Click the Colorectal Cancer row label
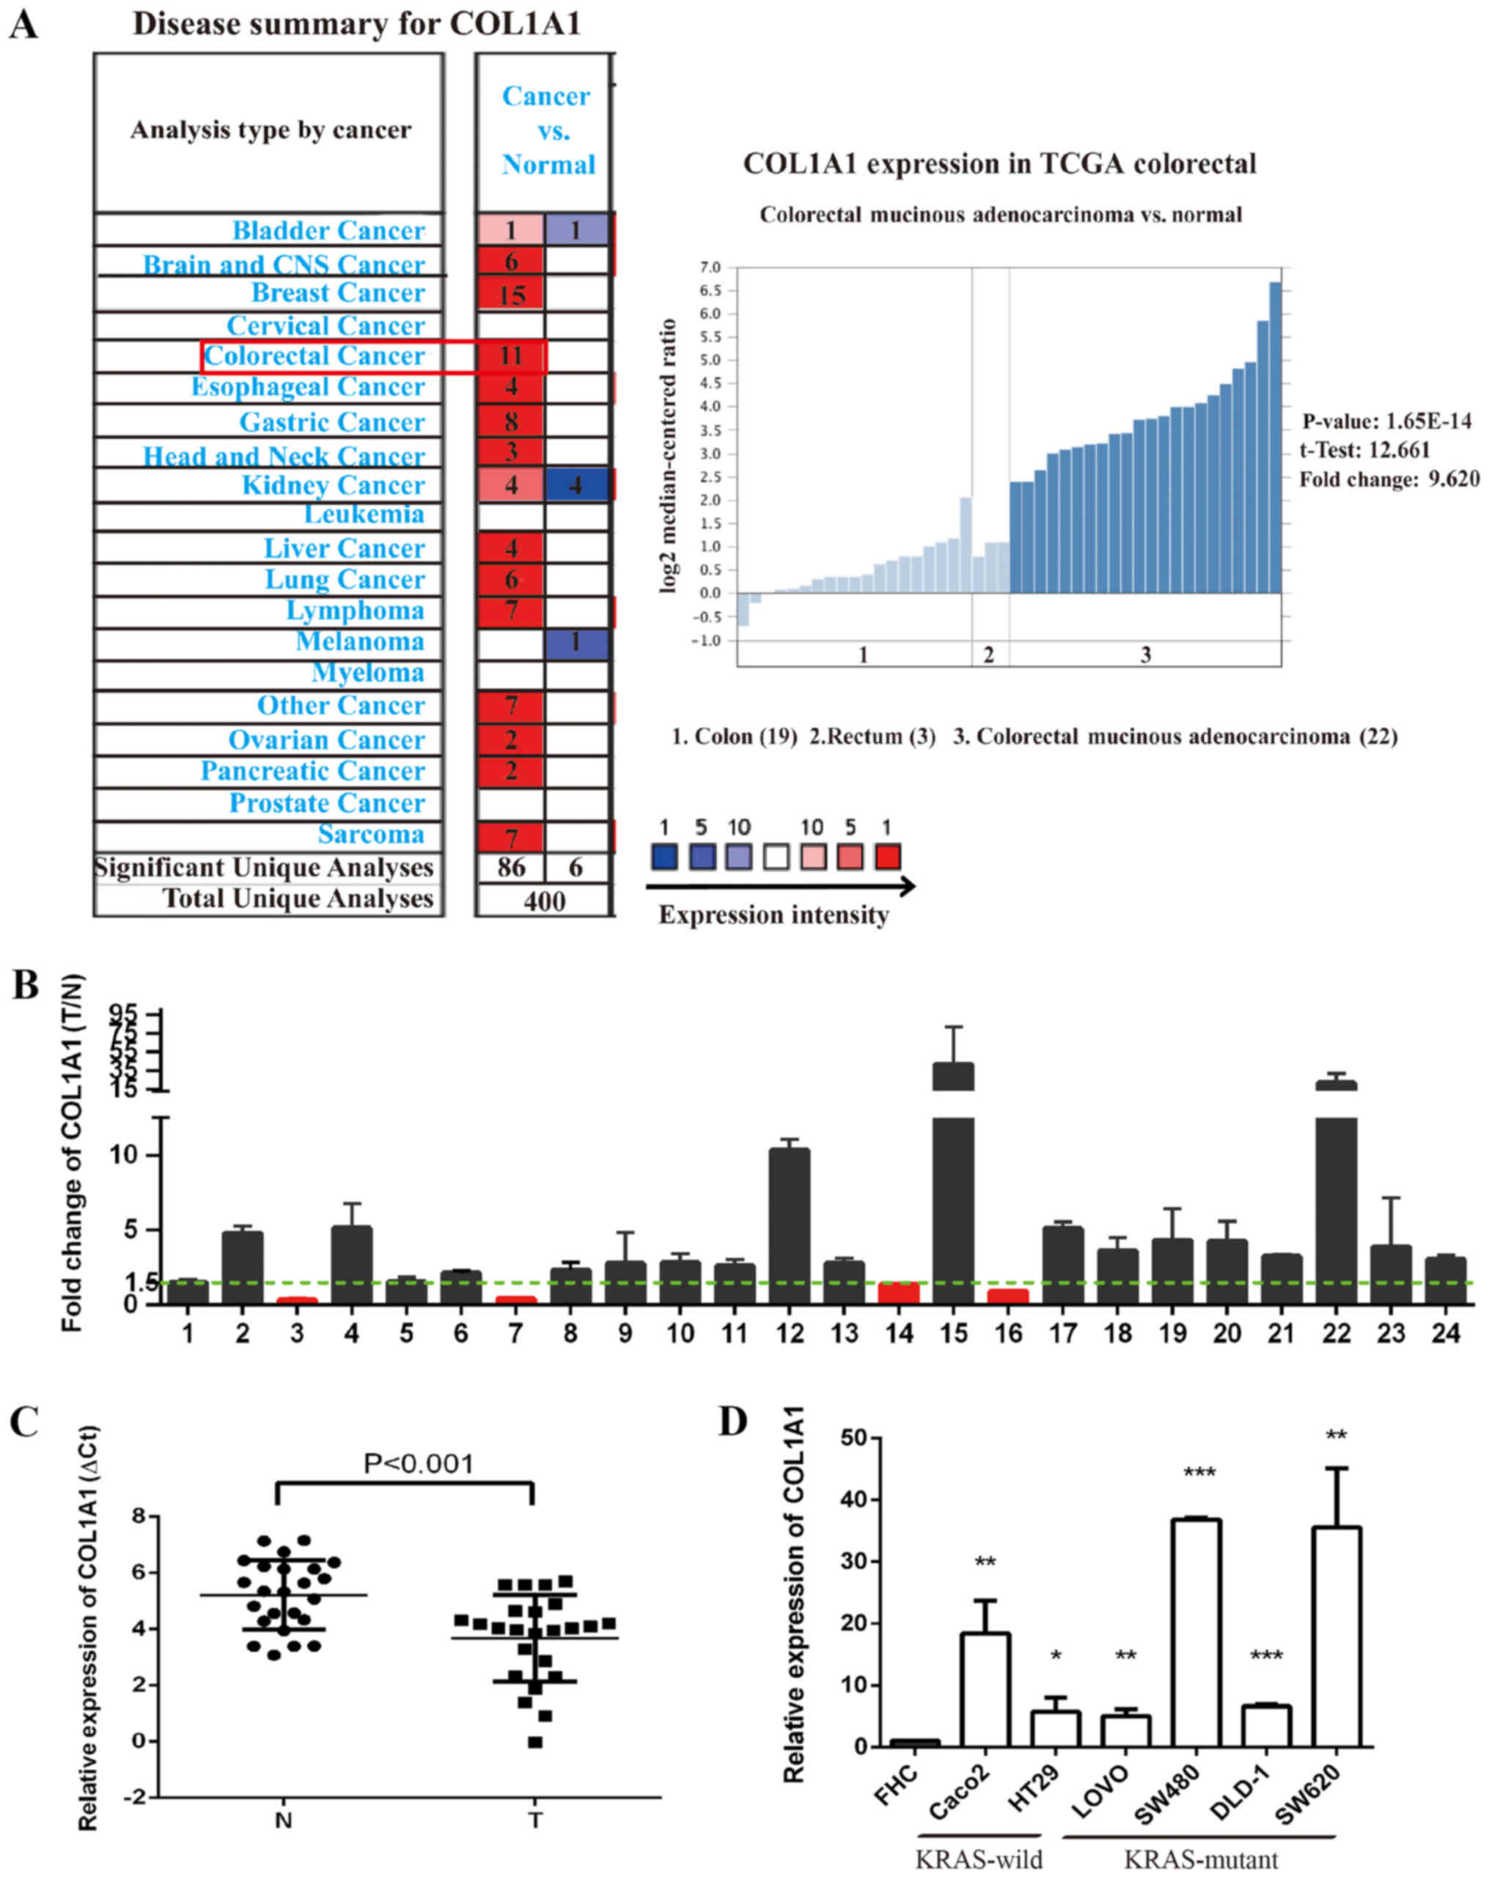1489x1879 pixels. tap(314, 355)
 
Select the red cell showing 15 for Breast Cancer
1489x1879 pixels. tap(511, 294)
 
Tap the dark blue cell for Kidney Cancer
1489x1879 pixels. tap(576, 484)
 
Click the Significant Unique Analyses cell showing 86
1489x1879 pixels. tap(511, 866)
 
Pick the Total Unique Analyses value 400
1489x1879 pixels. tap(544, 900)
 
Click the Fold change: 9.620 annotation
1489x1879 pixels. tap(1389, 479)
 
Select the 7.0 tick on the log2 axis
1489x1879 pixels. tap(710, 267)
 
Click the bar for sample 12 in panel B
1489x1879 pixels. tap(789, 1225)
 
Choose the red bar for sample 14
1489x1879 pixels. tap(899, 1293)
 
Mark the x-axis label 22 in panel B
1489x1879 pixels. tap(1336, 1334)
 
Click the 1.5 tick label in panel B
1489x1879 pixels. tap(141, 1282)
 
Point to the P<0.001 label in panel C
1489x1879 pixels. tap(419, 1464)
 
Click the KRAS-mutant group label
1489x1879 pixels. tap(1200, 1859)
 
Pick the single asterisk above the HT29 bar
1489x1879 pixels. tap(1056, 1656)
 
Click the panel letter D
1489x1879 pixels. tap(733, 1422)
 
